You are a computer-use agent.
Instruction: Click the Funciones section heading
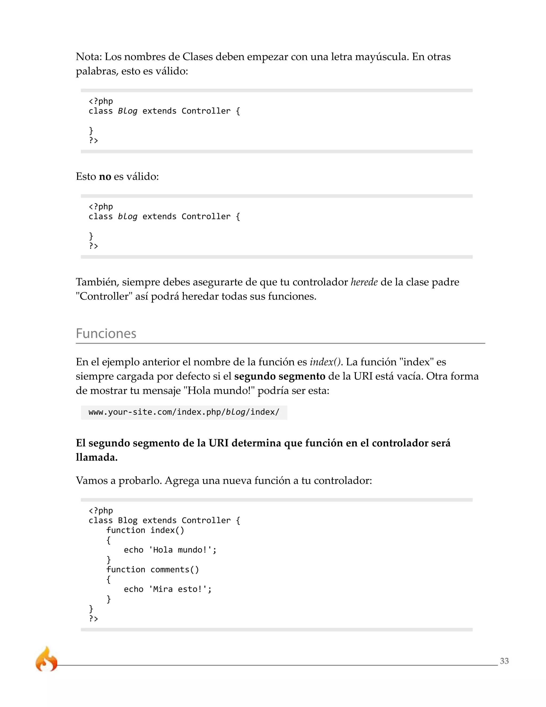106,333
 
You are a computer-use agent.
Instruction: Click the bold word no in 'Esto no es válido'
105,176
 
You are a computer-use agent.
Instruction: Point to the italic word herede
364,282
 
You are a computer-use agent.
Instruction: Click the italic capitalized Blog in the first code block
127,111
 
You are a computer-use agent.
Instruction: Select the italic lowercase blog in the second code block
127,217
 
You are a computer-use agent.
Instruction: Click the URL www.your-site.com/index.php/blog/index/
184,412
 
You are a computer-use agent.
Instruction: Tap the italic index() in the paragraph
325,362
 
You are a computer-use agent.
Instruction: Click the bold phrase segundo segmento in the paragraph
279,376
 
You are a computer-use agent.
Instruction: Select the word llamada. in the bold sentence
97,457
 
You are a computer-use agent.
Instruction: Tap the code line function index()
145,530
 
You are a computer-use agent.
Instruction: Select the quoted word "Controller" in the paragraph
104,296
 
